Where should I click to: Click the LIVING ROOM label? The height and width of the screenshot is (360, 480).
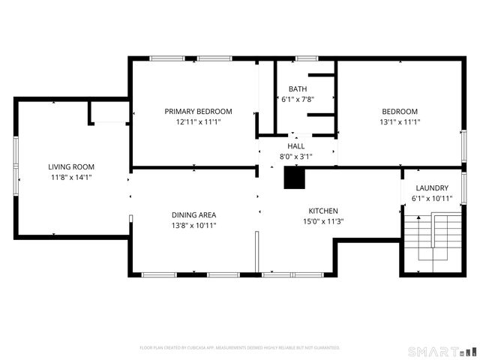coord(72,167)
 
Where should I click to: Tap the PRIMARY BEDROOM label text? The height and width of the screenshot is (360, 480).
coord(198,111)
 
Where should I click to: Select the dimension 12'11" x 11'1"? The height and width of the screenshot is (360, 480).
coord(198,121)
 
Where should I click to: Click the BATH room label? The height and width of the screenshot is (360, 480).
coord(287,88)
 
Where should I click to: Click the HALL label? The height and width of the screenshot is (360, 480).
coord(296,146)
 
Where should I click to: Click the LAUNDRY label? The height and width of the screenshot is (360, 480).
coord(432,188)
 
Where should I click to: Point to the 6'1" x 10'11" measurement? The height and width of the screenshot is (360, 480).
coord(432,199)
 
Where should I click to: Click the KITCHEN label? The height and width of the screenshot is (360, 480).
coord(323,211)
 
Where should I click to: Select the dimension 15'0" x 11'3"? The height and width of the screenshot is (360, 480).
coord(323,221)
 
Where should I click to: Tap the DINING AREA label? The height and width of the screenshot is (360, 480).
coord(193,214)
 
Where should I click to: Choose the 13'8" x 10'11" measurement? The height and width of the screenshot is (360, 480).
coord(193,225)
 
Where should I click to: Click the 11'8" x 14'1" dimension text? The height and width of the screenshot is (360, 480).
coord(72,178)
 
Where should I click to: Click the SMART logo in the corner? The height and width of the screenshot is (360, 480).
coord(442,351)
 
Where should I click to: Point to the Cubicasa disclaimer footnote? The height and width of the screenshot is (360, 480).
coord(240,348)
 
